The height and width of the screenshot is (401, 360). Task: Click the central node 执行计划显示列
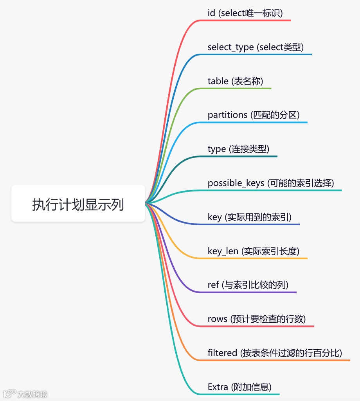coord(78,204)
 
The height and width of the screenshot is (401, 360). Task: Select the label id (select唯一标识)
coord(245,13)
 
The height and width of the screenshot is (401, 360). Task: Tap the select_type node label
coord(256,47)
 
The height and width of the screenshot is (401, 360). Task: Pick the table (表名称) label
coord(235,81)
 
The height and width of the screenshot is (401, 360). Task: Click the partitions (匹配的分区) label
coord(254,115)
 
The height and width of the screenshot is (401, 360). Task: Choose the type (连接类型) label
coord(238,149)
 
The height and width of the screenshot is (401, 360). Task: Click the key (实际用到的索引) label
coord(250,217)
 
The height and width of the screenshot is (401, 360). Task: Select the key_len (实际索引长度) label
coord(254,251)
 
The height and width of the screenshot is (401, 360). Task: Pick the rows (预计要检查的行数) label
coord(257,319)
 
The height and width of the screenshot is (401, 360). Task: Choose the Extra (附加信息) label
coord(239,387)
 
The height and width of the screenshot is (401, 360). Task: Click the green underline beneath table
coord(239,89)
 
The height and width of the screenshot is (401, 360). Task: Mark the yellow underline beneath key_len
coord(258,258)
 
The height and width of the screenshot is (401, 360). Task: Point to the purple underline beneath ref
coord(250,292)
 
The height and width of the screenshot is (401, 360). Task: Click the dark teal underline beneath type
coord(243,156)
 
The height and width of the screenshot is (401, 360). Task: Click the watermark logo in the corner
coord(9,393)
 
